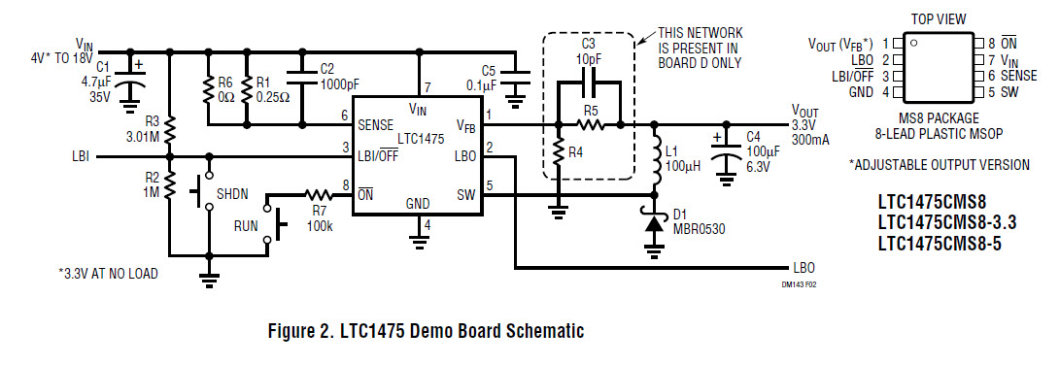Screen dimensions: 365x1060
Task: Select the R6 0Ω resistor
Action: [x=208, y=90]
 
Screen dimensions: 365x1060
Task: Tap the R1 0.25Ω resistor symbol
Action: [x=247, y=90]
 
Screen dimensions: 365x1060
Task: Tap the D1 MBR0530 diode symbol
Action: [x=653, y=223]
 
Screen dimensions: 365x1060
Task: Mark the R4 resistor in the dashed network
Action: [x=559, y=152]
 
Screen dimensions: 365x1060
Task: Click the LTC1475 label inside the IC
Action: [x=420, y=139]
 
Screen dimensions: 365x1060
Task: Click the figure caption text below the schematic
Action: [x=426, y=332]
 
